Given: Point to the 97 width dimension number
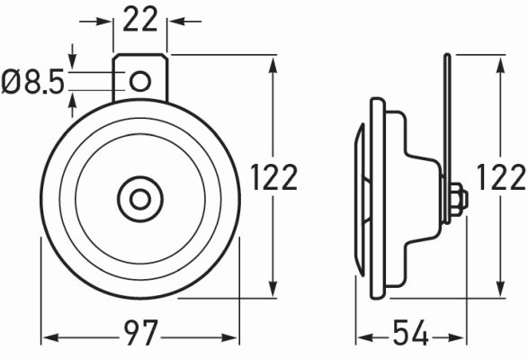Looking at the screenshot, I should (x=141, y=337).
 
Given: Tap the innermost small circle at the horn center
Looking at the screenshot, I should (x=140, y=197).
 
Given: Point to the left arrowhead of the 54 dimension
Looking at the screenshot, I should (x=361, y=337).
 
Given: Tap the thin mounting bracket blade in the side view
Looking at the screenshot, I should (x=445, y=117).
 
